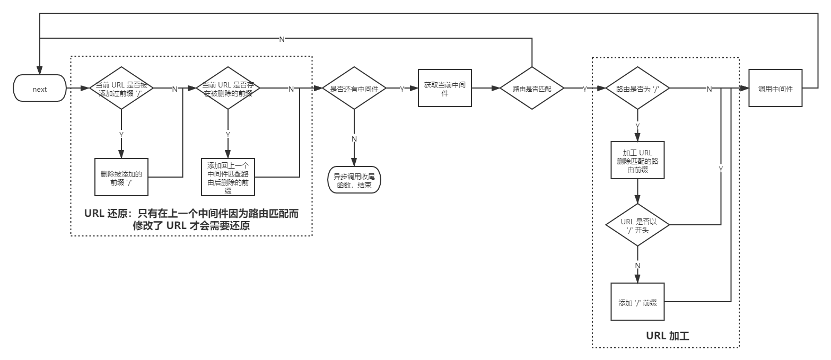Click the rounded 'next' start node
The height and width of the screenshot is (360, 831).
tap(40, 89)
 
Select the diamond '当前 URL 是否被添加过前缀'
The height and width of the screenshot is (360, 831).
tap(121, 88)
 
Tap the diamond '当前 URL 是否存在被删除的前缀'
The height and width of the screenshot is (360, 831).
tap(228, 88)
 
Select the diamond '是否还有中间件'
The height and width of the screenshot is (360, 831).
tap(354, 89)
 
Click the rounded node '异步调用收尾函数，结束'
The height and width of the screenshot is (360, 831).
tap(354, 181)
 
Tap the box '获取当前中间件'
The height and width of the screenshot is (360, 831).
tap(444, 88)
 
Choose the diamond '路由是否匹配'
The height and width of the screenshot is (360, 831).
tap(532, 89)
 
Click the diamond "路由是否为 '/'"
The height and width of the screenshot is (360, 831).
tap(637, 89)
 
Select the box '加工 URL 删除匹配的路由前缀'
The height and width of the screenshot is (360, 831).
tap(637, 160)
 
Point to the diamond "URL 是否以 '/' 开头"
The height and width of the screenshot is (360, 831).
tap(637, 225)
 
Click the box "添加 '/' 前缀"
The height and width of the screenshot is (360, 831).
tap(637, 302)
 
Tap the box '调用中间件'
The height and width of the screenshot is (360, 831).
tap(775, 89)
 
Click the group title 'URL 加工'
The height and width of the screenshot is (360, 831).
tap(667, 336)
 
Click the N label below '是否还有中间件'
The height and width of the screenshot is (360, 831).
tap(354, 138)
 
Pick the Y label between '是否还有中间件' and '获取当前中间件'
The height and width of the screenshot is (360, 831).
tap(401, 89)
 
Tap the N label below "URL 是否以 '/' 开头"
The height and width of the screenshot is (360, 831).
tap(637, 265)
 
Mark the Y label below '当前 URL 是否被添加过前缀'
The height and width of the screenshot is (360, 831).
tap(121, 135)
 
